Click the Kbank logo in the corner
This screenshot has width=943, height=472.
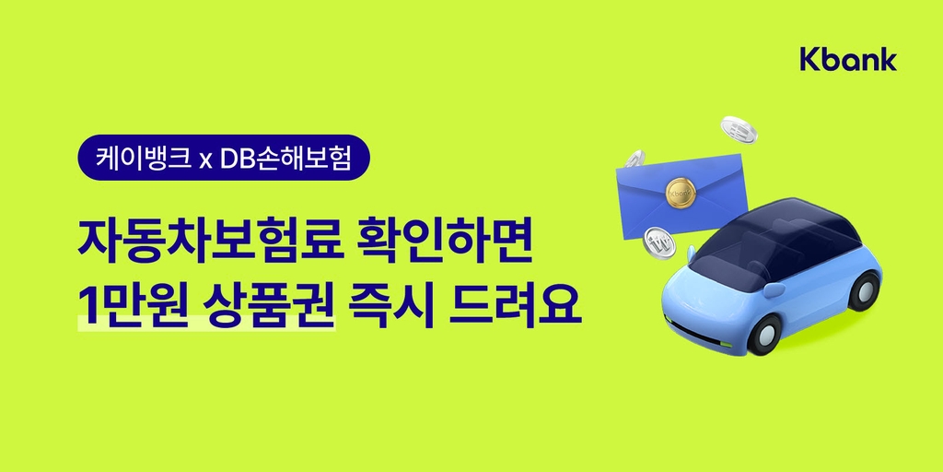[x=848, y=59]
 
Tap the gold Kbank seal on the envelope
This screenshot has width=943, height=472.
[x=681, y=193]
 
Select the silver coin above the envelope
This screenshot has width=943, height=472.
[x=739, y=129]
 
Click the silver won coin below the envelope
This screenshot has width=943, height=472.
[x=659, y=242]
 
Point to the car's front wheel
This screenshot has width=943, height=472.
[x=765, y=334]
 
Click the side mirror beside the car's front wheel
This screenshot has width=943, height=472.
[x=775, y=289]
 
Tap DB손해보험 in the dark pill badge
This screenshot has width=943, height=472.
[x=285, y=158]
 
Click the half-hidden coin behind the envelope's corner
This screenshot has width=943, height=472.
[x=635, y=159]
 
